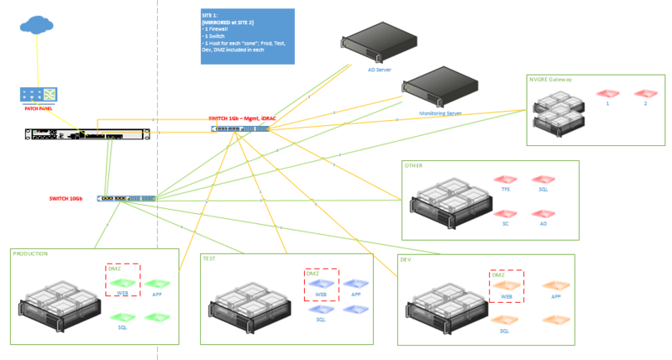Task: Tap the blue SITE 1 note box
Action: click(x=242, y=36)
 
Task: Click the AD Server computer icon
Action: click(x=379, y=44)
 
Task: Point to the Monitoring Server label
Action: click(x=440, y=112)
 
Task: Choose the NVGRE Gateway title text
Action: click(x=549, y=79)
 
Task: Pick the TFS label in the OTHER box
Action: click(x=506, y=190)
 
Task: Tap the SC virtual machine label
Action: click(x=506, y=224)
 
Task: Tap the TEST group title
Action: click(x=209, y=258)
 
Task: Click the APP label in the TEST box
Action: click(x=355, y=295)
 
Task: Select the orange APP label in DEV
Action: click(x=555, y=296)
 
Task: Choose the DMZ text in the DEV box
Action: click(x=498, y=274)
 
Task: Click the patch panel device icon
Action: click(x=39, y=95)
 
